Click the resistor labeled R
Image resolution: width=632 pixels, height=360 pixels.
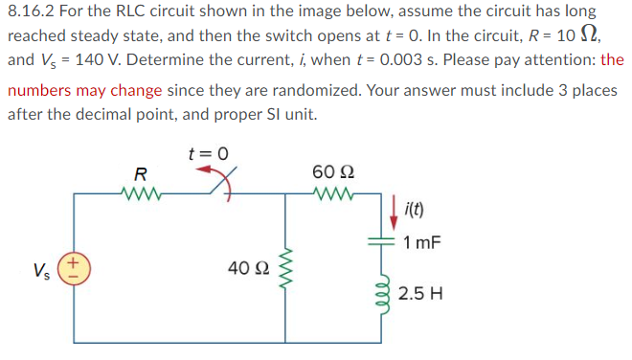click(x=141, y=192)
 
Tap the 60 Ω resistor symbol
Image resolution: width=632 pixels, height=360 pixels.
click(x=328, y=192)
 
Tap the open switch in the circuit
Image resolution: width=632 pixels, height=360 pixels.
click(x=222, y=186)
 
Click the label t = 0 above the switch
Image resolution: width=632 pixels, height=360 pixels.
click(x=210, y=153)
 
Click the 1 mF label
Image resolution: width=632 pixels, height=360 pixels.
click(x=422, y=242)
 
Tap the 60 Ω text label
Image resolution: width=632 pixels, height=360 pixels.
click(x=329, y=171)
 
